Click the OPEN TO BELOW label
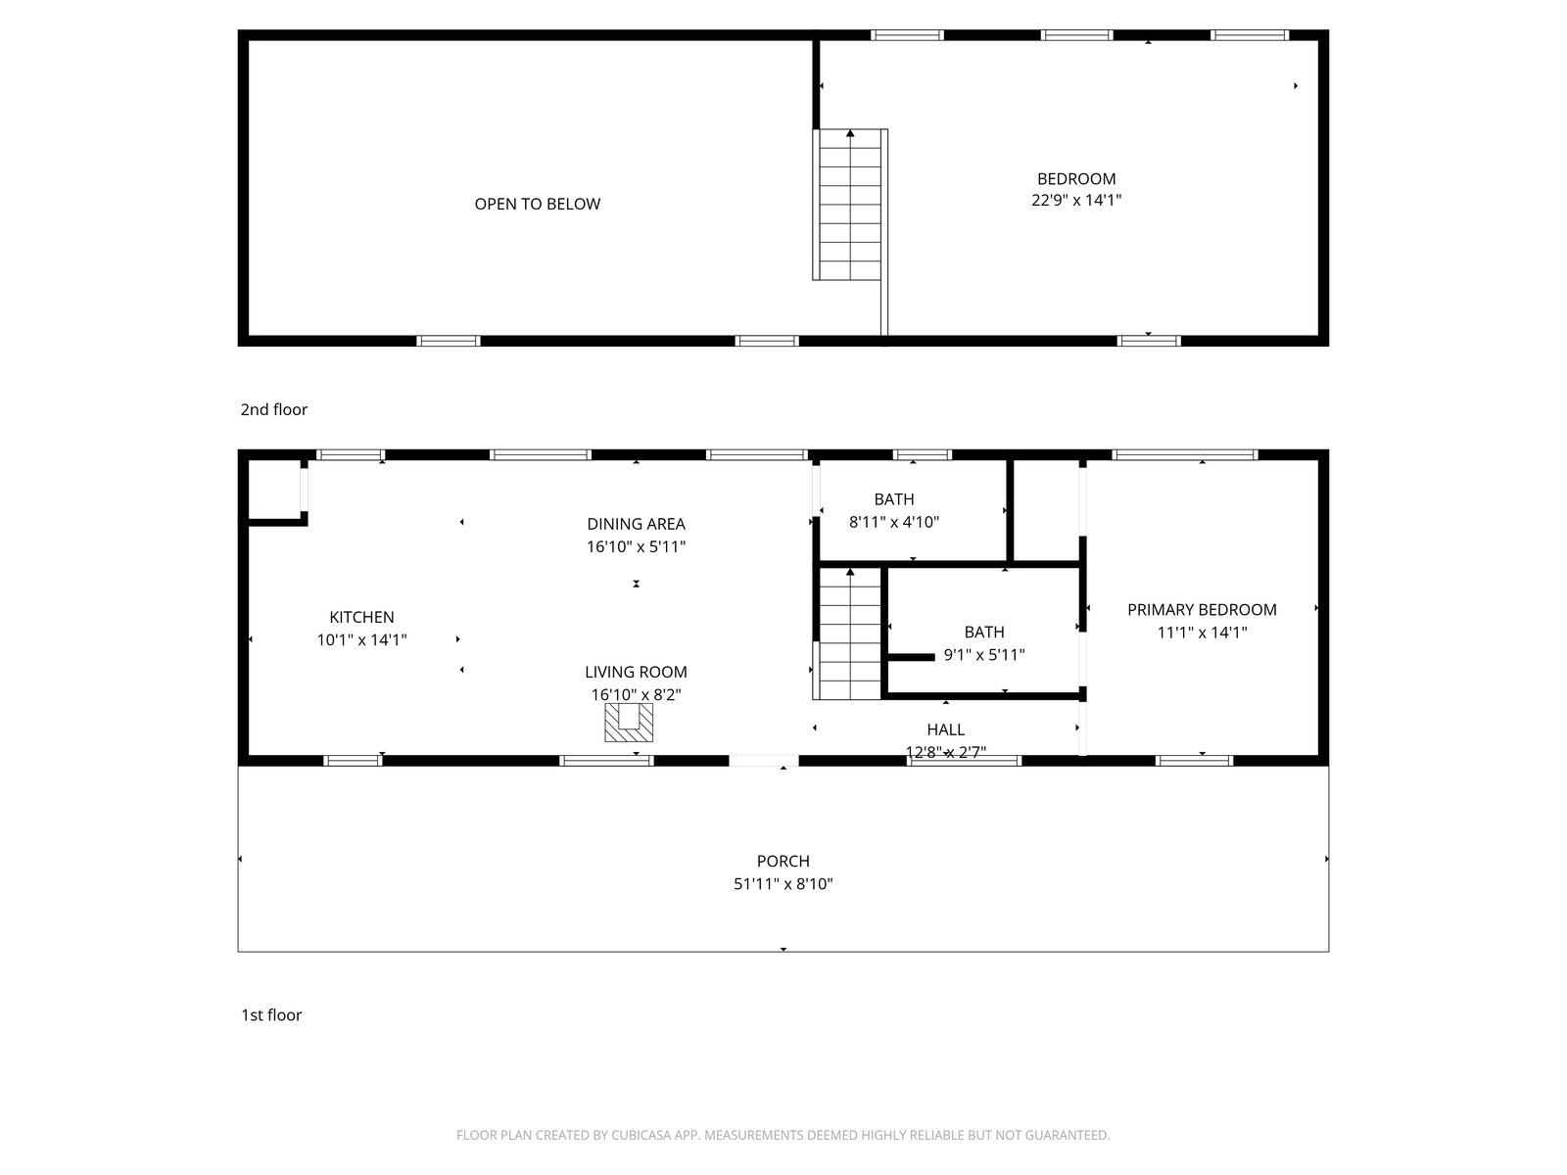click(x=537, y=204)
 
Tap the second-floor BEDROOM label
click(x=1075, y=179)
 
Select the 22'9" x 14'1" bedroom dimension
click(x=1075, y=201)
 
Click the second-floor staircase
click(x=849, y=205)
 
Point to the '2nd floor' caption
click(x=273, y=409)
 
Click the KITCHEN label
click(x=361, y=617)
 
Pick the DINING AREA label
click(x=636, y=525)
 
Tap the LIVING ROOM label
click(x=636, y=672)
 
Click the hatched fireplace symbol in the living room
click(x=628, y=722)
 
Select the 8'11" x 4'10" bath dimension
click(x=894, y=522)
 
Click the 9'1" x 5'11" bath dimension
click(x=983, y=655)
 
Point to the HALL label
click(x=945, y=729)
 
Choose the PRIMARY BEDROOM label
click(x=1202, y=610)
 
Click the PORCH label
click(x=783, y=862)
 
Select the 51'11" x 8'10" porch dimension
click(x=783, y=884)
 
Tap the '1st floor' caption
click(x=271, y=1015)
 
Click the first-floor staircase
click(x=847, y=634)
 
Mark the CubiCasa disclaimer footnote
click(x=783, y=1135)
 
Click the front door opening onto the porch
click(x=763, y=761)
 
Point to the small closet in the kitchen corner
click(x=274, y=490)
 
